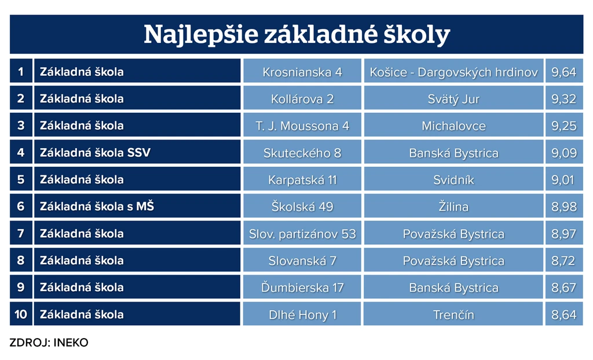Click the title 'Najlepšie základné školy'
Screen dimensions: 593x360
pyautogui.click(x=297, y=35)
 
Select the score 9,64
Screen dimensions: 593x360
pyautogui.click(x=563, y=72)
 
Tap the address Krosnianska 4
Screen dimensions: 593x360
pyautogui.click(x=302, y=72)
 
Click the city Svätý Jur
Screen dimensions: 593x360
pyautogui.click(x=453, y=99)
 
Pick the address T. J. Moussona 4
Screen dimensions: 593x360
pyautogui.click(x=302, y=126)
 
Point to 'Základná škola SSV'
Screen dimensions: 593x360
pyautogui.click(x=96, y=152)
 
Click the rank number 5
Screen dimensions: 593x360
pyautogui.click(x=21, y=179)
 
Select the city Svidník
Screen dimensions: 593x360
pyautogui.click(x=453, y=180)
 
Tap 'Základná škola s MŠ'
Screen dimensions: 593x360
pyautogui.click(x=97, y=206)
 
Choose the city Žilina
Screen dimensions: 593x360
pyautogui.click(x=453, y=207)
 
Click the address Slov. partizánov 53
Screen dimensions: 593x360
pyautogui.click(x=302, y=234)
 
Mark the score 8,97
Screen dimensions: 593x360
pyautogui.click(x=563, y=234)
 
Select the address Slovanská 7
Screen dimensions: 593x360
pyautogui.click(x=302, y=261)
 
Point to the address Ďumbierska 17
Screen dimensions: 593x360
pyautogui.click(x=302, y=288)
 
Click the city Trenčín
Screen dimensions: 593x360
pyautogui.click(x=453, y=315)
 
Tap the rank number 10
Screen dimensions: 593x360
pyautogui.click(x=21, y=314)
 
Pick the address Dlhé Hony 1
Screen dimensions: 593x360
pyautogui.click(x=302, y=315)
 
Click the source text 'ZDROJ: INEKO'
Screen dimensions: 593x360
pyautogui.click(x=49, y=343)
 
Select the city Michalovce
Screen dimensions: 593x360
pyautogui.click(x=453, y=126)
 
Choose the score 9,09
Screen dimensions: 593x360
pyautogui.click(x=563, y=153)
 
